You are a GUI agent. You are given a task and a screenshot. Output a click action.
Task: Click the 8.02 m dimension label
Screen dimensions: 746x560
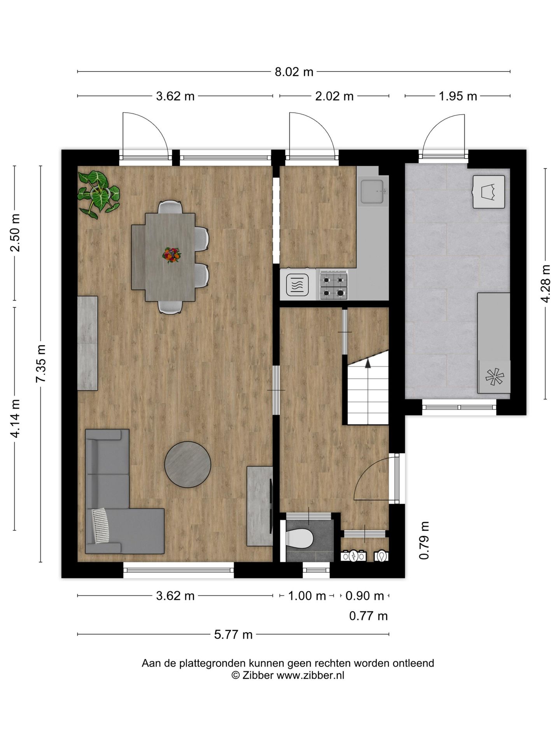click(x=294, y=72)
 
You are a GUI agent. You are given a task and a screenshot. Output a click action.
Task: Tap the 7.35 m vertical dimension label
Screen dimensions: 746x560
click(x=41, y=363)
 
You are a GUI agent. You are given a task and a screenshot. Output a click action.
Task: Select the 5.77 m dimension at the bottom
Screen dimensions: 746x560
click(x=233, y=634)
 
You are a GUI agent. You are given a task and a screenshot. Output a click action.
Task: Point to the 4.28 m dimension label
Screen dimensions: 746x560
click(x=546, y=283)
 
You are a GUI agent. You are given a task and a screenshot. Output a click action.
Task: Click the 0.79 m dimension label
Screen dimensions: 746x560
click(x=424, y=540)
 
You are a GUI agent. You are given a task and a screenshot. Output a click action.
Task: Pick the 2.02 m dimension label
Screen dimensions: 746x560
click(x=334, y=96)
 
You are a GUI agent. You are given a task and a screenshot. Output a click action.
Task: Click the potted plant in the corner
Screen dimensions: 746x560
click(x=98, y=193)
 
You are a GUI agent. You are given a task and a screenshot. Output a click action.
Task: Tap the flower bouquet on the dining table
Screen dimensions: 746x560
click(x=171, y=255)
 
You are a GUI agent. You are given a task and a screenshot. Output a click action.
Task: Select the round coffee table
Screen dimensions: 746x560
click(x=187, y=464)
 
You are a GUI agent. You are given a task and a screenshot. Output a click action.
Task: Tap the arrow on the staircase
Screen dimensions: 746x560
click(x=367, y=363)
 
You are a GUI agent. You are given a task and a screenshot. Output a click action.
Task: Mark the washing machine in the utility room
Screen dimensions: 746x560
click(x=489, y=192)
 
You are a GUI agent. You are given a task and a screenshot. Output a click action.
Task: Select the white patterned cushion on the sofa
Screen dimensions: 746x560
click(x=101, y=526)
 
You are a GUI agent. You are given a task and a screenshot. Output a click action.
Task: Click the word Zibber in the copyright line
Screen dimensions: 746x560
click(x=258, y=675)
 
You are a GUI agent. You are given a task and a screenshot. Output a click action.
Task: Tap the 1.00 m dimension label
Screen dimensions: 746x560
click(x=307, y=596)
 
